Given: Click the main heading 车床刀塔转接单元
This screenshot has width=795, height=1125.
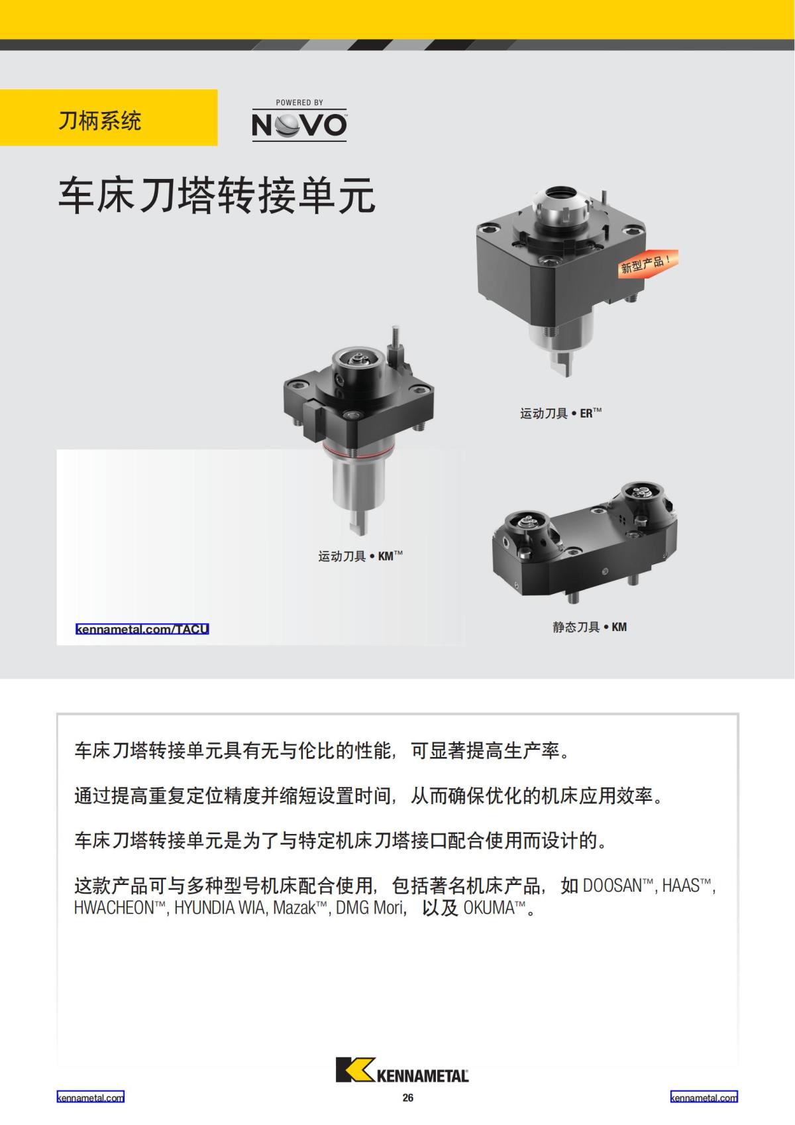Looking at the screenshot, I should pos(217,196).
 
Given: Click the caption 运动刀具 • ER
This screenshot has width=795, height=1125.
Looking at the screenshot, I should pos(560,414).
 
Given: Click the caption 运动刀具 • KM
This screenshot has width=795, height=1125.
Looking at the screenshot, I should pos(360,556).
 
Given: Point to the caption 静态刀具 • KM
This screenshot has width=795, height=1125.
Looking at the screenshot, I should pos(589,627).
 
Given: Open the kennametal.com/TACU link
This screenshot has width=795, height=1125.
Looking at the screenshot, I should pos(142,629).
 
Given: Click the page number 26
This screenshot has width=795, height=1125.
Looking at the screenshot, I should pos(407,1098).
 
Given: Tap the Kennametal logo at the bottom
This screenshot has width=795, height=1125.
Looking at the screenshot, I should pos(402,1069).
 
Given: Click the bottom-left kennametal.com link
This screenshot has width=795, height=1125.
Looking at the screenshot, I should pos(91,1098).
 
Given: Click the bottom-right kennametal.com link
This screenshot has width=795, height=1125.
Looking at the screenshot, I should pos(704,1098).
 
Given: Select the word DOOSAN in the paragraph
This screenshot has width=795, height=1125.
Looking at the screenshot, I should pos(612,886).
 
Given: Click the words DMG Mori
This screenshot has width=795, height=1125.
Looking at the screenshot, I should pos(370,908).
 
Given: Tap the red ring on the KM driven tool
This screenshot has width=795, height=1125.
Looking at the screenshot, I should pos(359,453).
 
